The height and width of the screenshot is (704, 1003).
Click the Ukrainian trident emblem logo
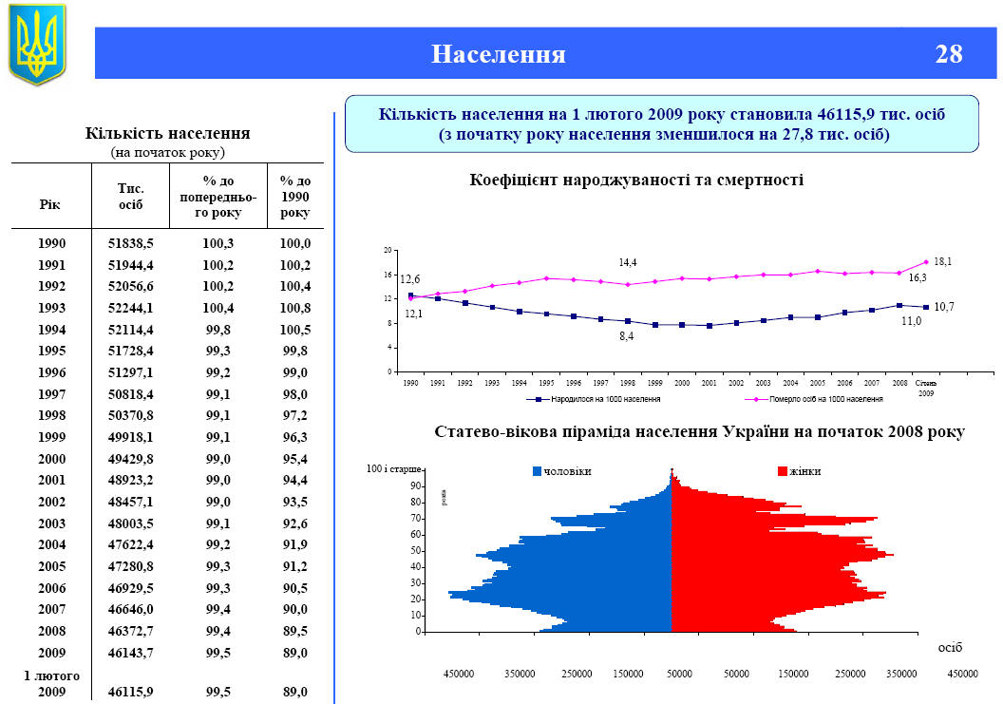37,43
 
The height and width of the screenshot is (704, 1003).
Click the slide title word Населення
499,54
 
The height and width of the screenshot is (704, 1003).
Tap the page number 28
948,54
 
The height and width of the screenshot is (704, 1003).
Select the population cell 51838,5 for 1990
131,243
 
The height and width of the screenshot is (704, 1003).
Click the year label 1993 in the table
52,308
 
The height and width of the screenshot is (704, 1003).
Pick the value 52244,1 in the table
131,308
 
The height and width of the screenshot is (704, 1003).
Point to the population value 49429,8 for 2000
131,459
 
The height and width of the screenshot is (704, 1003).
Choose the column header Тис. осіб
131,196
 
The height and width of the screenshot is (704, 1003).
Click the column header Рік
50,204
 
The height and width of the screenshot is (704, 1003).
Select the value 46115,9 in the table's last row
131,693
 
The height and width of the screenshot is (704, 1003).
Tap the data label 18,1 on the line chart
942,261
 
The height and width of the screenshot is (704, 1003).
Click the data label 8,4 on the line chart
627,336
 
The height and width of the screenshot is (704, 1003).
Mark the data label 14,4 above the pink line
627,262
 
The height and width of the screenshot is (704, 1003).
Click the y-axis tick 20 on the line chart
388,250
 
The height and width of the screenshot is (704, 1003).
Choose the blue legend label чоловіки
567,472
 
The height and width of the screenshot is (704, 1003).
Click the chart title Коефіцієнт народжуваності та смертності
636,180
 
